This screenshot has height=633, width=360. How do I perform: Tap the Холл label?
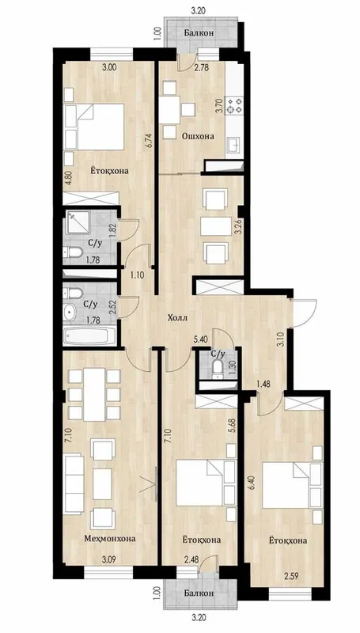pos(177,317)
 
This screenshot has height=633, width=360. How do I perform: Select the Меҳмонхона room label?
pos(110,538)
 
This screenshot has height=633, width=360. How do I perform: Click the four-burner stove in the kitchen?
pos(234,105)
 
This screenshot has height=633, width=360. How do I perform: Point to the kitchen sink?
pos(234,145)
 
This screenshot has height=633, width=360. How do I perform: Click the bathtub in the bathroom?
pos(89,335)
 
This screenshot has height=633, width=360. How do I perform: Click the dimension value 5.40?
pos(201,340)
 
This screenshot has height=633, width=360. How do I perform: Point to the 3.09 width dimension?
pos(109,559)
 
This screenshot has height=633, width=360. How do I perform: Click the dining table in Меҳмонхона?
pos(95,394)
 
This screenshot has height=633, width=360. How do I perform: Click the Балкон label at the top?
pos(199,32)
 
